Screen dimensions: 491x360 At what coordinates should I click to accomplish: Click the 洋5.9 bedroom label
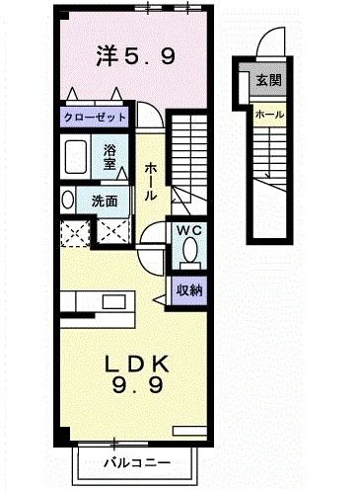[x=137, y=56]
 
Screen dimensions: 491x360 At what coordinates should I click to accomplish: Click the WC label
[x=188, y=231]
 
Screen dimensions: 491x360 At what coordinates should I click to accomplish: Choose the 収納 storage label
[x=189, y=289]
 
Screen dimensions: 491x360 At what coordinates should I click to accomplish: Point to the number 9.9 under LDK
[x=139, y=389]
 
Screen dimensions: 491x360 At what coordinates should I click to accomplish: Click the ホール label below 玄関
[x=269, y=115]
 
